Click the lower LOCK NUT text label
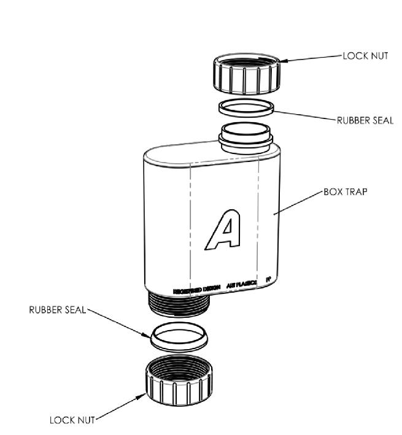click(x=72, y=420)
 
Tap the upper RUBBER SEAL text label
click(x=365, y=121)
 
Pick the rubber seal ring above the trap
click(x=246, y=107)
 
